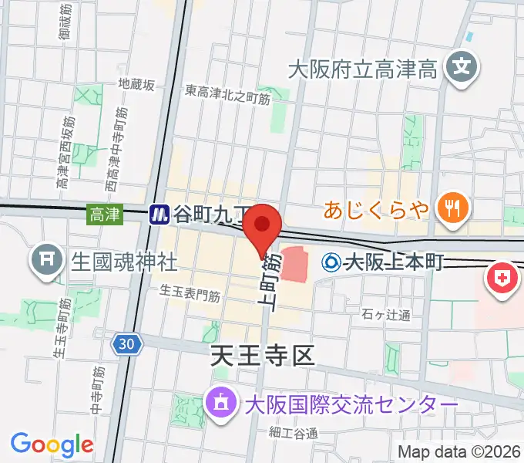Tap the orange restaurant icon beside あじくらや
[448, 207]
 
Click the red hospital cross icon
[501, 278]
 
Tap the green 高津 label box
[104, 214]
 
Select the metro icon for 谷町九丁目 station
[160, 214]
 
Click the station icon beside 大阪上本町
[332, 262]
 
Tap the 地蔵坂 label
[136, 84]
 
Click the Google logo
[52, 444]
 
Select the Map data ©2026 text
[459, 452]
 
